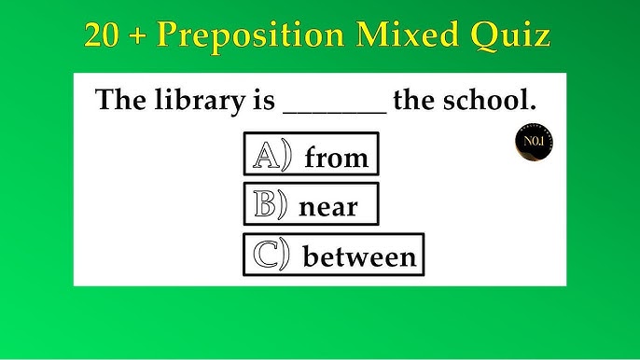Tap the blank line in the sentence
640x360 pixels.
tap(333, 110)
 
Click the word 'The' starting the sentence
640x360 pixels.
tap(118, 100)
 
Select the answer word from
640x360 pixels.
tap(336, 159)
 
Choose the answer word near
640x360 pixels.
tap(327, 206)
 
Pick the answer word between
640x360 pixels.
tap(359, 256)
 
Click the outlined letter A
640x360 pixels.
tap(267, 156)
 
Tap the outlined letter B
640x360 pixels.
tap(264, 204)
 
